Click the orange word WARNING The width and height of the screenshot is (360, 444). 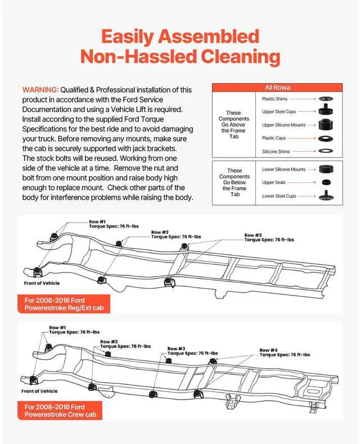point(40,89)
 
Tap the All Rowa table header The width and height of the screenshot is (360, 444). point(277,88)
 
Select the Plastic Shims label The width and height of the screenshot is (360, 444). point(276,99)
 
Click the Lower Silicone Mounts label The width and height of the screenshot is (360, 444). point(283,169)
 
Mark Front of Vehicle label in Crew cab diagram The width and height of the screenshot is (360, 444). point(39,391)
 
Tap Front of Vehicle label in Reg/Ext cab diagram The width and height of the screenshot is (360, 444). point(42,283)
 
